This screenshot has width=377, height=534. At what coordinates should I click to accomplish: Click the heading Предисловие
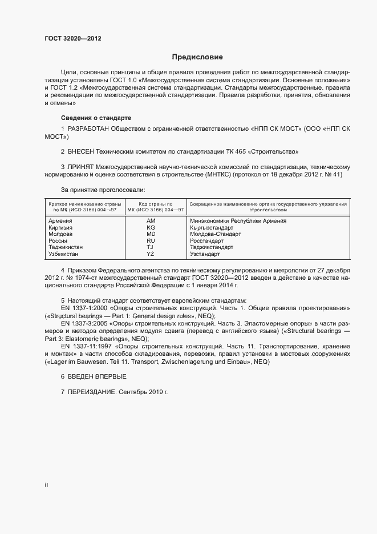pyautogui.click(x=197, y=57)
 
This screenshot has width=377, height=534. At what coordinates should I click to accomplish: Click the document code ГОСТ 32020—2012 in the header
pyautogui.click(x=73, y=38)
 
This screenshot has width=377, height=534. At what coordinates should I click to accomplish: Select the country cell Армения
pyautogui.click(x=60, y=220)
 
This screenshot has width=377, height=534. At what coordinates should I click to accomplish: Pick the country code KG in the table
pyautogui.click(x=151, y=227)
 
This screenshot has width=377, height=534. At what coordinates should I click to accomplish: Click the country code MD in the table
pyautogui.click(x=151, y=234)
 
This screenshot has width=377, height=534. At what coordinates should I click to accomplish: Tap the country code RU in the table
pyautogui.click(x=151, y=241)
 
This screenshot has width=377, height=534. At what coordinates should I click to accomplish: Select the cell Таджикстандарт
pyautogui.click(x=212, y=247)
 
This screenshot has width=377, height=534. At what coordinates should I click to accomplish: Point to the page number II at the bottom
pyautogui.click(x=46, y=485)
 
